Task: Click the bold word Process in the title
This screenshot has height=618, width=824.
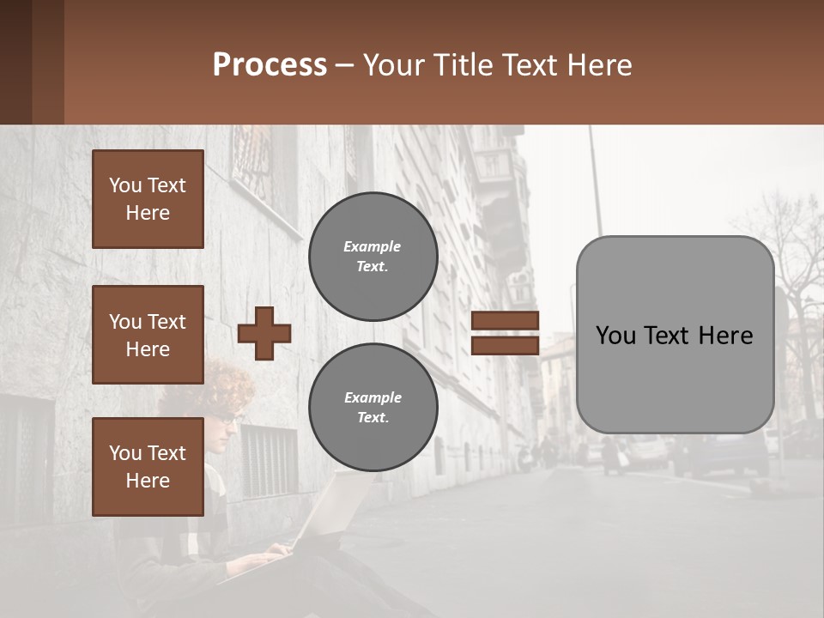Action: (270, 64)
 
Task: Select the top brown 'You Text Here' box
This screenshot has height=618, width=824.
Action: (148, 199)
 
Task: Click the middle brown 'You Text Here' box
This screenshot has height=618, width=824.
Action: (148, 335)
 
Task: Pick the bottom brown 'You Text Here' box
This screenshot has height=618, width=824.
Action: (148, 467)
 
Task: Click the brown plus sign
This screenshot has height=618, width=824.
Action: (264, 333)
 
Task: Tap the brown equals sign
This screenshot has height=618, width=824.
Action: (505, 333)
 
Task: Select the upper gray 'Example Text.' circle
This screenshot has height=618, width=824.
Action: (373, 256)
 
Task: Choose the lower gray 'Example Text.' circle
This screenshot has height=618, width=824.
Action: (373, 407)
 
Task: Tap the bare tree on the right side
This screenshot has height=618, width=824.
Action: (794, 257)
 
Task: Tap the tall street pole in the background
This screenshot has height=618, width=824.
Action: (595, 180)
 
